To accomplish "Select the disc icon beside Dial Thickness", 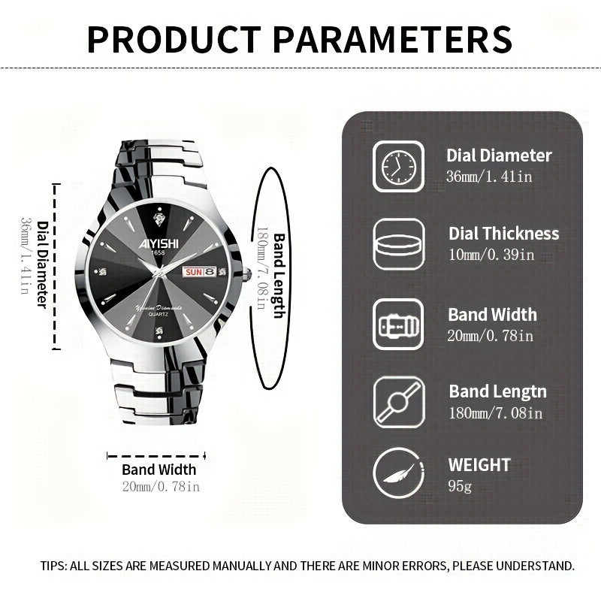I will click(398, 244).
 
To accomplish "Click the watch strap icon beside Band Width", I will click(398, 324).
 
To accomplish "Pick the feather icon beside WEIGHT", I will click(398, 473).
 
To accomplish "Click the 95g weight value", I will click(460, 486).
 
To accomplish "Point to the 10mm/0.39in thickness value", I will click(491, 254).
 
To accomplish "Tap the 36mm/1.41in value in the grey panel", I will click(488, 176).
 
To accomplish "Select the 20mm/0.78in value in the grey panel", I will click(491, 335).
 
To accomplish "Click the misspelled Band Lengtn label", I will click(497, 391).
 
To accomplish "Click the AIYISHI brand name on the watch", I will click(158, 242).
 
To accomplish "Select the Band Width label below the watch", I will click(159, 470).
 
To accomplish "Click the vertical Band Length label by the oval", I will click(277, 275).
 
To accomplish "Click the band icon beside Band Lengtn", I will click(398, 402).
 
